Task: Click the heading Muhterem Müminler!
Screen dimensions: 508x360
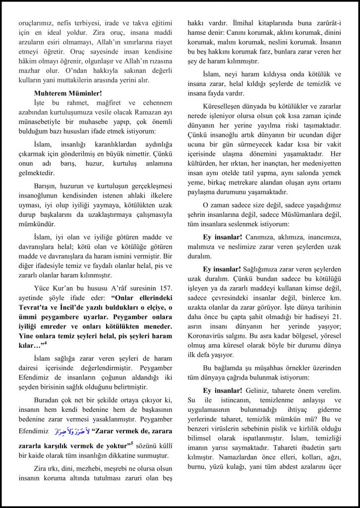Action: tap(68, 93)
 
